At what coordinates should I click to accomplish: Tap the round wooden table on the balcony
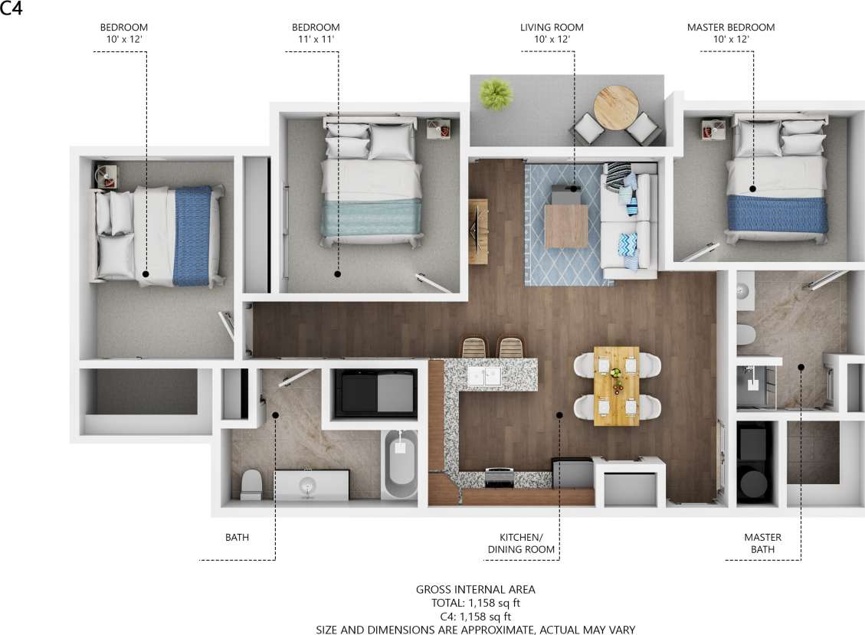coord(616,107)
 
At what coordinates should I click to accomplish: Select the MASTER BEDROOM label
coord(730,28)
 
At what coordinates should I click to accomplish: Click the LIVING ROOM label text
coord(546,28)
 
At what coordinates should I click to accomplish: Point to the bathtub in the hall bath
coord(399,464)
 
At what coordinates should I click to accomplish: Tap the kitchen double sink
coord(485,376)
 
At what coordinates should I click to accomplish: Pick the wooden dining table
coord(617,385)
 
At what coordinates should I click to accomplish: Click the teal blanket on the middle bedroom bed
coord(371,218)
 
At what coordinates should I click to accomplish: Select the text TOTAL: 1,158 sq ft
coord(475,603)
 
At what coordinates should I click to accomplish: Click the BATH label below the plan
coord(237,538)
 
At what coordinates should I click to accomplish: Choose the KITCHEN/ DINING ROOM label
coord(521,544)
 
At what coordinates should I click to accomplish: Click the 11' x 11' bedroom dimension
coord(316,39)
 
